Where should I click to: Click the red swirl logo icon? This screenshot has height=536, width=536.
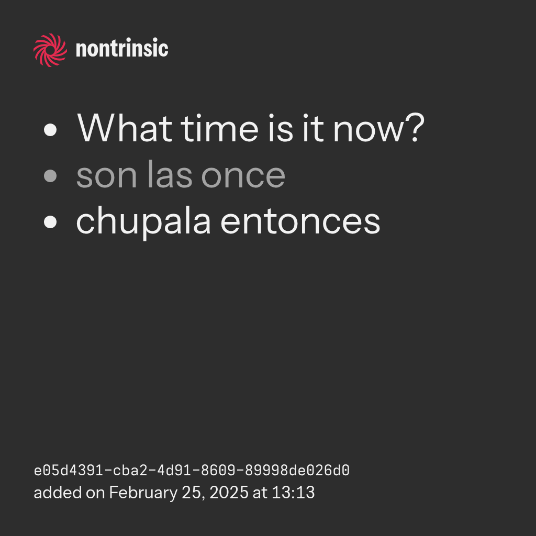click(x=50, y=50)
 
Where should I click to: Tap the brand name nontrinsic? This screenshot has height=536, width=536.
click(x=122, y=48)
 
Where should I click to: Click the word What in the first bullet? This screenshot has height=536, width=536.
click(x=125, y=128)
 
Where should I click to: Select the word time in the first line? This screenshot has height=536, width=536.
click(x=220, y=128)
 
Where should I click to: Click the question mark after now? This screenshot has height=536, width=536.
click(x=415, y=128)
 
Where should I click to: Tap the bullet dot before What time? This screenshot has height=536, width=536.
click(x=50, y=130)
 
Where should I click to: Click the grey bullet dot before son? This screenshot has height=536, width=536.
click(x=50, y=176)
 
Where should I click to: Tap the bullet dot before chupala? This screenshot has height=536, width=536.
click(x=50, y=221)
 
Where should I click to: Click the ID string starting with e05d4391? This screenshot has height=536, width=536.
click(x=192, y=471)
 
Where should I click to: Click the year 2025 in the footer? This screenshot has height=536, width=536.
click(x=229, y=493)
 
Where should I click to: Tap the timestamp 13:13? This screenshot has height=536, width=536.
click(x=293, y=493)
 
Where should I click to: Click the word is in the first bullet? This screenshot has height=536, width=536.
click(x=281, y=128)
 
